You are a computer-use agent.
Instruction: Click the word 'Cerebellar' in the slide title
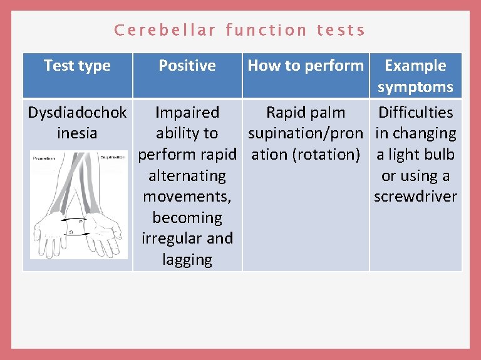pyautogui.click(x=165, y=30)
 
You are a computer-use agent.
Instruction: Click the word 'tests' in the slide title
pyautogui.click(x=341, y=30)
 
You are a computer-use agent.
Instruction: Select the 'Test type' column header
pyautogui.click(x=77, y=66)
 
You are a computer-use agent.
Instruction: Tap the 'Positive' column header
pyautogui.click(x=187, y=66)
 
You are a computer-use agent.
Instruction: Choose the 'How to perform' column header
pyautogui.click(x=306, y=66)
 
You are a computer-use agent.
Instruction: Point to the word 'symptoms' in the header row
pyautogui.click(x=415, y=87)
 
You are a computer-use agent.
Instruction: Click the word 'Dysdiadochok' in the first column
pyautogui.click(x=77, y=113)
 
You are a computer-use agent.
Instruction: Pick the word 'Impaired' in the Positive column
pyautogui.click(x=187, y=113)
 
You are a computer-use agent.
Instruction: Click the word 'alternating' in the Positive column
pyautogui.click(x=187, y=176)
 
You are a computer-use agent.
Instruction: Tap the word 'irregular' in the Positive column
pyautogui.click(x=172, y=239)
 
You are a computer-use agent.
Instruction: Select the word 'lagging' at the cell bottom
pyautogui.click(x=187, y=260)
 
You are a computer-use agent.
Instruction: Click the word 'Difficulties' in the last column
pyautogui.click(x=415, y=113)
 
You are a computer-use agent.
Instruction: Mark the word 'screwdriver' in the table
pyautogui.click(x=415, y=197)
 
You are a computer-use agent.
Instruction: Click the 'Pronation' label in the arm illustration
pyautogui.click(x=43, y=158)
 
